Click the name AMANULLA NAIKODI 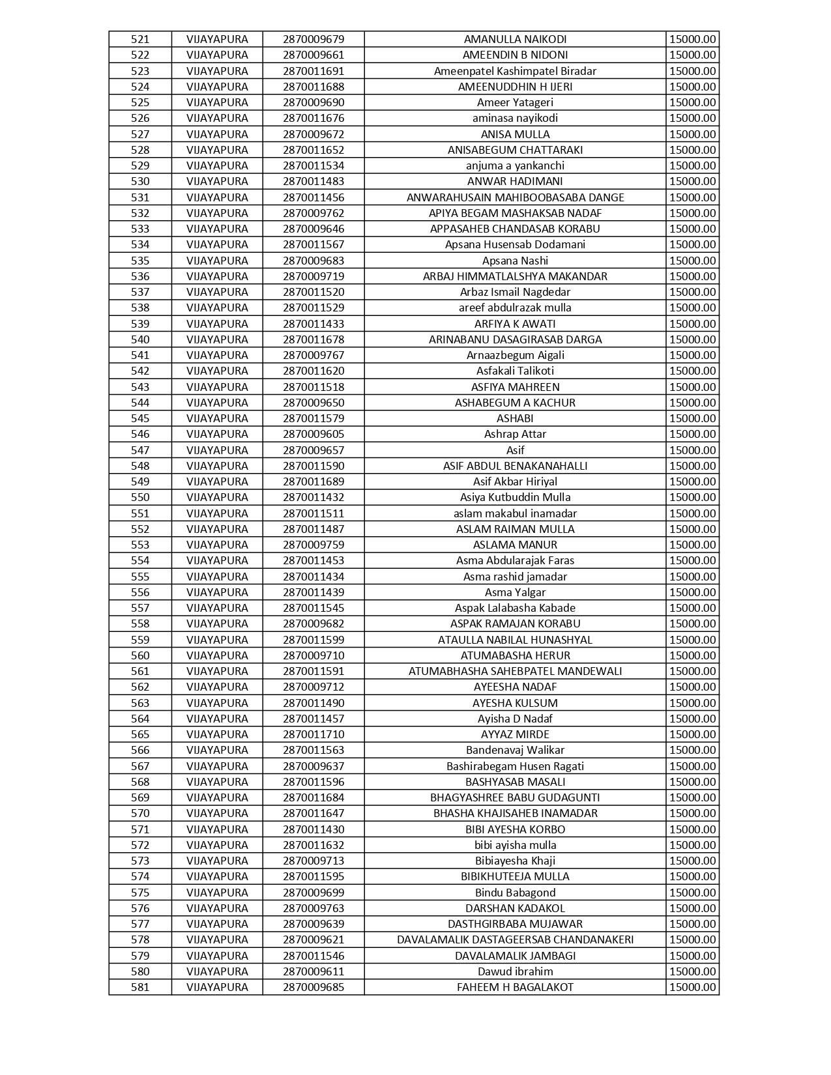pos(515,39)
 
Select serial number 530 pos(140,181)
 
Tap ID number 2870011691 pos(313,71)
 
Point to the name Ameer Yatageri pos(515,102)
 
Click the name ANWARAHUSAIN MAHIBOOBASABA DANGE pos(515,197)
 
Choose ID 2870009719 pos(313,276)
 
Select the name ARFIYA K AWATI pos(515,324)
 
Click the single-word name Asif pos(515,450)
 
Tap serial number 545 pos(140,418)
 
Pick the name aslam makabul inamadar pos(515,513)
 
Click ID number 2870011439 pos(313,592)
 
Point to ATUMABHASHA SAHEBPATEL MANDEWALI pos(515,671)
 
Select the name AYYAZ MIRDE pos(515,734)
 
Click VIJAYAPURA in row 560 pos(217,655)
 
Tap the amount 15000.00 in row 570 pos(692,813)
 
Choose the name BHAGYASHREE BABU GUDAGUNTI pos(515,797)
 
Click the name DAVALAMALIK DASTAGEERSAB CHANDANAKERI pos(515,939)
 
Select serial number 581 pos(140,987)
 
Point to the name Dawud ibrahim pos(515,971)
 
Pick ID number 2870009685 pos(313,987)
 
